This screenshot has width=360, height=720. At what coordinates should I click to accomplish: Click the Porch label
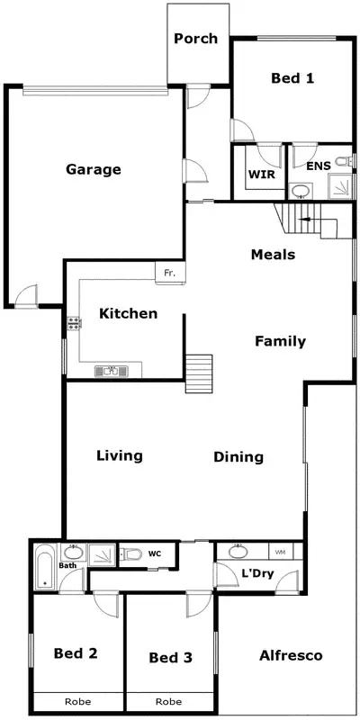click(195, 38)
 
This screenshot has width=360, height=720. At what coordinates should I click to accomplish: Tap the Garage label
click(93, 169)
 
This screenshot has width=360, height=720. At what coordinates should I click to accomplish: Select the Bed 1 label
click(292, 78)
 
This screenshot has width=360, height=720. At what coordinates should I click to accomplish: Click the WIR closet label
click(261, 174)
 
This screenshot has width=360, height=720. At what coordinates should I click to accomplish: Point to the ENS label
click(318, 166)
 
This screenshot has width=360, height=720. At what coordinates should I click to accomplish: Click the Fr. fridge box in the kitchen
click(167, 271)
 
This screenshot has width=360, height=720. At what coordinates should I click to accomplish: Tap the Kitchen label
click(129, 314)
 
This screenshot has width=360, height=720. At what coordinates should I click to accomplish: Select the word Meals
click(273, 255)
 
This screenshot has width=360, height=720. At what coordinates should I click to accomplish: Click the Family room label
click(280, 341)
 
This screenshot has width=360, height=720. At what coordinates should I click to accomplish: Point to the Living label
click(120, 455)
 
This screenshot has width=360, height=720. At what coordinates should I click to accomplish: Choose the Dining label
click(238, 457)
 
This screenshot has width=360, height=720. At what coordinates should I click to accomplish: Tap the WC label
click(154, 553)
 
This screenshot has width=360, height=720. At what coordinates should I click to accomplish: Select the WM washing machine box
click(280, 551)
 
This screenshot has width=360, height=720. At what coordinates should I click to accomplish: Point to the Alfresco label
click(291, 655)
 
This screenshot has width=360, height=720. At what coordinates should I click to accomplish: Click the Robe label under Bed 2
click(78, 701)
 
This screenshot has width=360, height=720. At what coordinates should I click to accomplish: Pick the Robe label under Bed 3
click(169, 701)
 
